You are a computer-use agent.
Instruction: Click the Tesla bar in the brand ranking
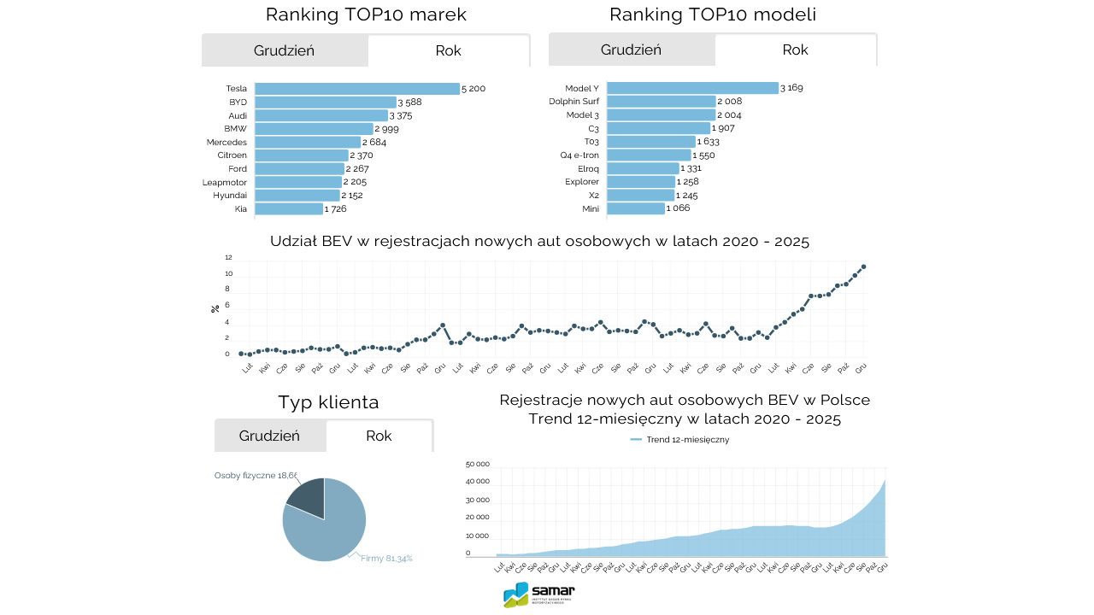[x=357, y=89]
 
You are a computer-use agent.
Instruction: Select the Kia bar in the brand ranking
[x=289, y=209]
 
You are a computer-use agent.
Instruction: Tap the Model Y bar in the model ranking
[x=692, y=88]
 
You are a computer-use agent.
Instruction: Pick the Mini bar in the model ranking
[x=636, y=208]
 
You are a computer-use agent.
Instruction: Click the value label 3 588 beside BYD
[x=409, y=102]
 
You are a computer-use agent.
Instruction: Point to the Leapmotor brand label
[x=225, y=182]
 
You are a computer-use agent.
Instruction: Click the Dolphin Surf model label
[x=573, y=102]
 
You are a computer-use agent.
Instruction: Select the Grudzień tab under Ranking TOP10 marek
[x=285, y=50]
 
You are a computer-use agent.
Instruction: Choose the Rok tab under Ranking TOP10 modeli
[x=795, y=50]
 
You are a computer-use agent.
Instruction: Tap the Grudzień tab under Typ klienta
[x=270, y=436]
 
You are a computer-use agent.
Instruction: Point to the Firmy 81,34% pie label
[x=386, y=559]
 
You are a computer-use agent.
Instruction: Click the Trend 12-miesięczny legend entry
[x=679, y=440]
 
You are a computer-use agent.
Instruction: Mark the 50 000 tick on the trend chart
[x=477, y=465]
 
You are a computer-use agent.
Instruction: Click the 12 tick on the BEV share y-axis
[x=228, y=257]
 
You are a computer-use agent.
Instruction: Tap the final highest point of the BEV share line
[x=864, y=266]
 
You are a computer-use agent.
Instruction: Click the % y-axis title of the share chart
[x=215, y=308]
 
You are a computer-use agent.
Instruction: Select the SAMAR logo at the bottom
[x=539, y=594]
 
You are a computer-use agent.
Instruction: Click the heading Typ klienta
[x=328, y=402]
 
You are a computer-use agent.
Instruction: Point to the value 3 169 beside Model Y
[x=791, y=88]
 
